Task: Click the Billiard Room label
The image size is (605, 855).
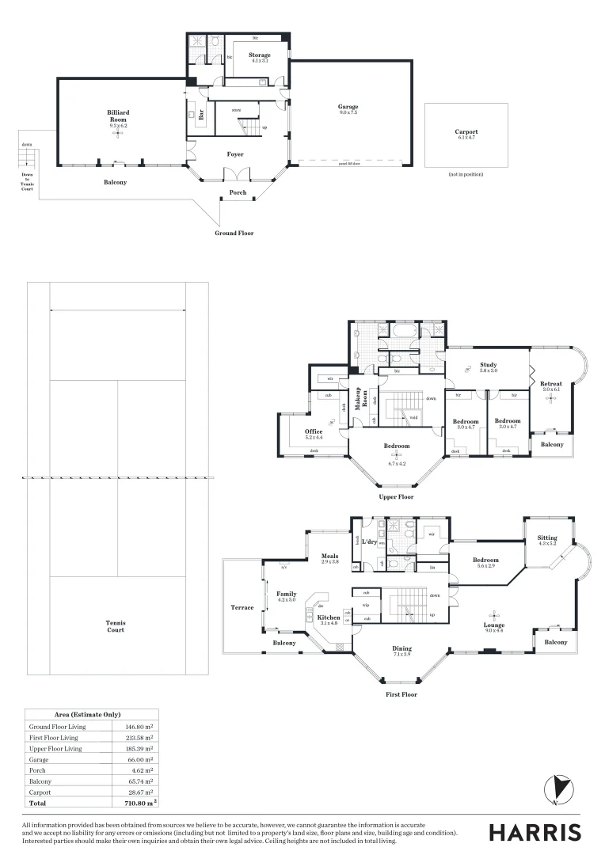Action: [x=118, y=113]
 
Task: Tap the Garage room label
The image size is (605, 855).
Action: [x=348, y=107]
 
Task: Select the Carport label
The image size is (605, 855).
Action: [x=466, y=132]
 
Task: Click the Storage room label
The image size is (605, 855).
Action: [x=260, y=55]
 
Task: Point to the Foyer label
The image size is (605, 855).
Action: [x=235, y=154]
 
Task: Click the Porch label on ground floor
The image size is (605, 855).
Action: [x=238, y=192]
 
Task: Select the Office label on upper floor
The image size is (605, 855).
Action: [x=314, y=431]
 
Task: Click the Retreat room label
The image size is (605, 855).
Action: [x=551, y=383]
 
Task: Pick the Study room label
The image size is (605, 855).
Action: [x=488, y=365]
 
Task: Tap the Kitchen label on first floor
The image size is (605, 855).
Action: [x=329, y=617]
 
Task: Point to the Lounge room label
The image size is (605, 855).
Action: [x=495, y=625]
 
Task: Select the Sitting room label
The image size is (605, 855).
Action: [x=547, y=538]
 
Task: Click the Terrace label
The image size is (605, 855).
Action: [x=242, y=607]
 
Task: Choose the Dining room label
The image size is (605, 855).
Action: [x=402, y=649]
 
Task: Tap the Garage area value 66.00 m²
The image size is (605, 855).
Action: [x=139, y=759]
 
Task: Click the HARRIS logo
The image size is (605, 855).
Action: [x=535, y=832]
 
